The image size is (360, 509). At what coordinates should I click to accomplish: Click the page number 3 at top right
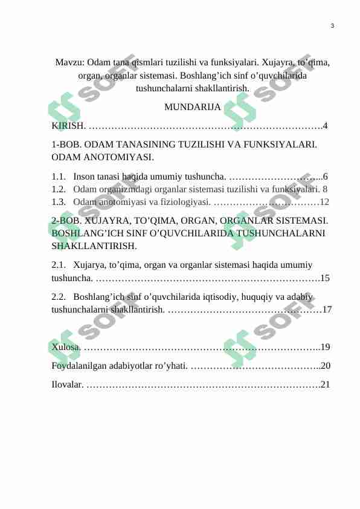(333, 25)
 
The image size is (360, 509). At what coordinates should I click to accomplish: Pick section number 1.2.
(59, 189)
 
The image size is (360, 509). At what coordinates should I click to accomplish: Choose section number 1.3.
(59, 201)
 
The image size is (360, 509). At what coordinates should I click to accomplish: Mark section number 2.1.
(59, 265)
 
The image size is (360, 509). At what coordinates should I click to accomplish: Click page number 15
(325, 279)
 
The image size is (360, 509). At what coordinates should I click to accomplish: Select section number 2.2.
(59, 297)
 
